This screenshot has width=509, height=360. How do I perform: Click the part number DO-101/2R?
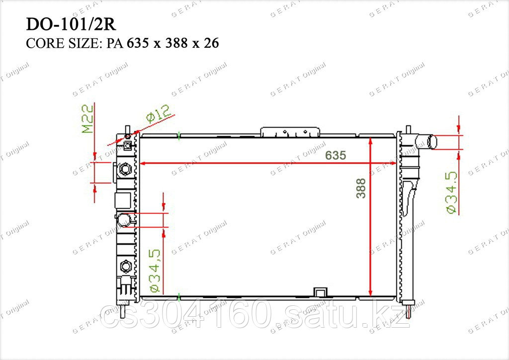click(71, 24)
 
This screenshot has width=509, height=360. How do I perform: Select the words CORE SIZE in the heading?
click(62, 43)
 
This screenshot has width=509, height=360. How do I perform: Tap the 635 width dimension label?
click(336, 156)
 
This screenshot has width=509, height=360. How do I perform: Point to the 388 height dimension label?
click(361, 188)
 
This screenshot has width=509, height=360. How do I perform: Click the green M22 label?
click(87, 119)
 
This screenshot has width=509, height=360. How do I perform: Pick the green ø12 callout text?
click(158, 113)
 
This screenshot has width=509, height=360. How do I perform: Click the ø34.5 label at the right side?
click(451, 192)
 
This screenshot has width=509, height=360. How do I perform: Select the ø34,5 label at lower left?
click(154, 270)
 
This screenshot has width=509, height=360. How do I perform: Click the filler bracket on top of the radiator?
click(290, 132)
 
